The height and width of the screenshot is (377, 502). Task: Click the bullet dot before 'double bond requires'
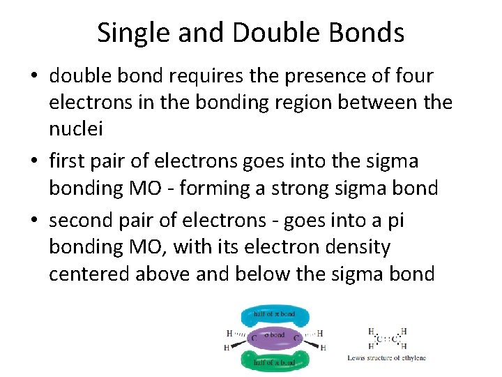[34, 76]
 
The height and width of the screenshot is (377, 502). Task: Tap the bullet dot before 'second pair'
[34, 220]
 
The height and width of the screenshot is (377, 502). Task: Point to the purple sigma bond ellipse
[274, 339]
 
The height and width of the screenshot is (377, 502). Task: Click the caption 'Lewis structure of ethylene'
[386, 358]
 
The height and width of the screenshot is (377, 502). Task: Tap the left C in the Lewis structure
[379, 340]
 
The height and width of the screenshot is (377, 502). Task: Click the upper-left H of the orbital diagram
[229, 333]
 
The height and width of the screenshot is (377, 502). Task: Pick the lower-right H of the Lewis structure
[404, 346]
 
